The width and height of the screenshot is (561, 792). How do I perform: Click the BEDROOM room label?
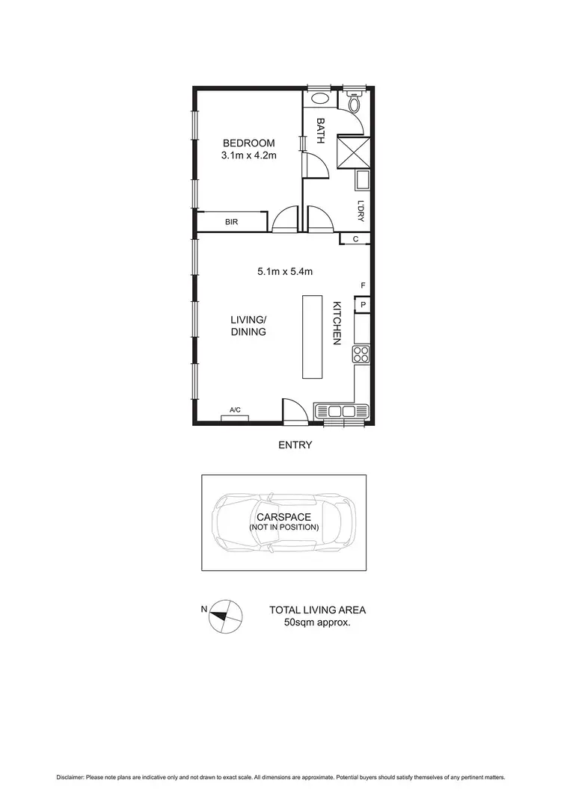(x=248, y=143)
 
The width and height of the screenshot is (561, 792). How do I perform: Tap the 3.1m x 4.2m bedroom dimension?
(x=248, y=156)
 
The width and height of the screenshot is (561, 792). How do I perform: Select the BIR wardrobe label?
(x=231, y=222)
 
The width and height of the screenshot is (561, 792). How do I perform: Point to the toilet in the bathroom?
(x=354, y=102)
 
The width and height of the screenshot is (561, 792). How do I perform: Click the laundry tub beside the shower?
(x=362, y=180)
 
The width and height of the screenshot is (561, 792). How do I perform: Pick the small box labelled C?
(x=355, y=239)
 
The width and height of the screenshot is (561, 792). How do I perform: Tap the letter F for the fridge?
(x=363, y=286)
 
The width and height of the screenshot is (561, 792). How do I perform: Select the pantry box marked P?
(x=363, y=304)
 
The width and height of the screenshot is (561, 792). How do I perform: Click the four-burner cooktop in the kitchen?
(x=361, y=354)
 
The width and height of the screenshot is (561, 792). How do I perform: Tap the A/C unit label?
(x=235, y=409)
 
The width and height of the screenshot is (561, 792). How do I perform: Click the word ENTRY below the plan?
(x=295, y=445)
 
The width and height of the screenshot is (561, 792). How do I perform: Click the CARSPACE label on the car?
(x=284, y=516)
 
